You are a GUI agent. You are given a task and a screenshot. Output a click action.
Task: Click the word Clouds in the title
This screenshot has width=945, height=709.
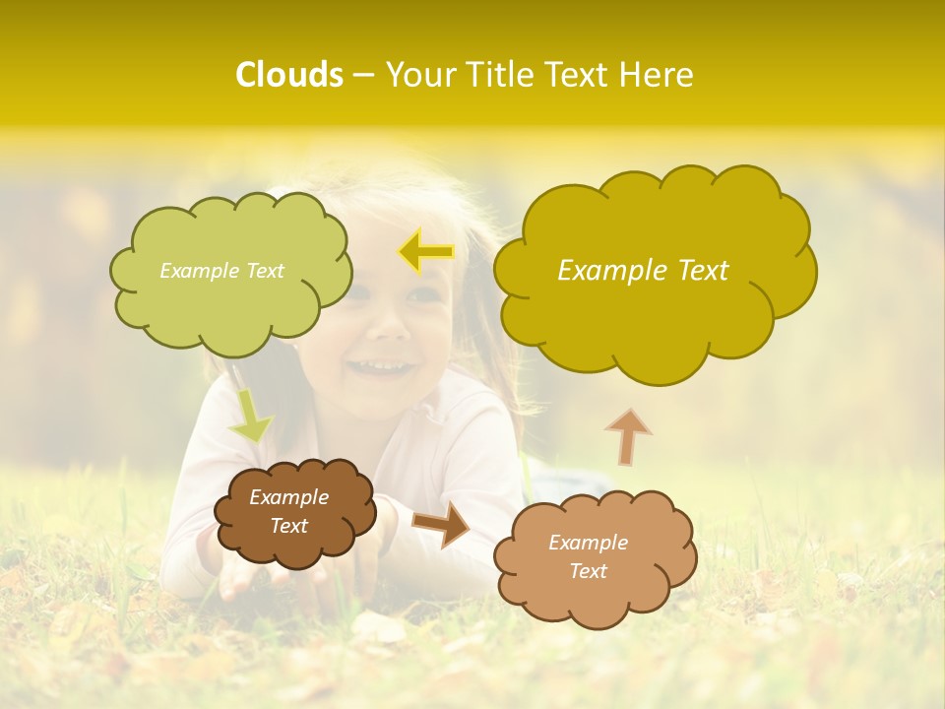click(x=289, y=75)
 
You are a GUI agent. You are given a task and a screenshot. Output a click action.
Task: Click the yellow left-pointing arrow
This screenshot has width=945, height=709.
click(x=425, y=252)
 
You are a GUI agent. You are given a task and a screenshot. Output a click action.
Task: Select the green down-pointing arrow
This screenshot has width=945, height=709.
click(x=250, y=418)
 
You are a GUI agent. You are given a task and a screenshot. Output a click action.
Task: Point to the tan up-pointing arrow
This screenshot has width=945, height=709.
click(x=627, y=435)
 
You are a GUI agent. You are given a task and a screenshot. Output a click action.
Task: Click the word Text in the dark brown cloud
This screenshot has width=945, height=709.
click(x=289, y=526)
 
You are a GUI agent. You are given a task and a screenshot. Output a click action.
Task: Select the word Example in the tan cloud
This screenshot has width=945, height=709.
click(x=588, y=542)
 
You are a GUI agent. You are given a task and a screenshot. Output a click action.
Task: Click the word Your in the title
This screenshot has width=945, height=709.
click(x=418, y=75)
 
